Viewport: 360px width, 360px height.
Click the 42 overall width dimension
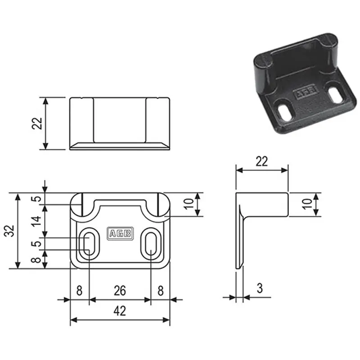coord(120,311)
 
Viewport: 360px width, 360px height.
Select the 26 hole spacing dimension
coord(120,291)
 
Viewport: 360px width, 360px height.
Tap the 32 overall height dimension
coord(9,231)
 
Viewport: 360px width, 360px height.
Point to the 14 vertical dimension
coord(37,221)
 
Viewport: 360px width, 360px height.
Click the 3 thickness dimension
coord(260,288)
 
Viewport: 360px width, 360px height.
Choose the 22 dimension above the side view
coord(262,162)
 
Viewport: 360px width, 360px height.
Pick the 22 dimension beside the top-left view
coord(37,123)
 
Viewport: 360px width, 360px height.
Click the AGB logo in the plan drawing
coord(120,234)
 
